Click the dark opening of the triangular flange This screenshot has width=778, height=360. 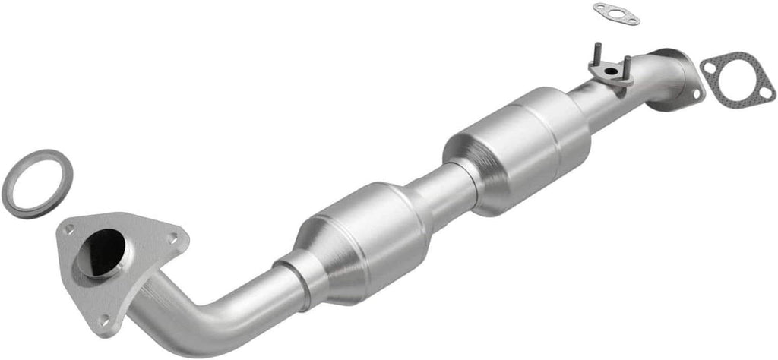point(105,251)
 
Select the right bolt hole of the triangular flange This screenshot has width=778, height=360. point(174,238)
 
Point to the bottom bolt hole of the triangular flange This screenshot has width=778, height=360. point(103,320)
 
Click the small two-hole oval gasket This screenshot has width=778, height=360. point(616,14)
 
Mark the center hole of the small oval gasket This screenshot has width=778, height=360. point(616,13)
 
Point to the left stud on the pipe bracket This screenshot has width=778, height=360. point(596,53)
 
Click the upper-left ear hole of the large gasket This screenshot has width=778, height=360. point(710,68)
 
